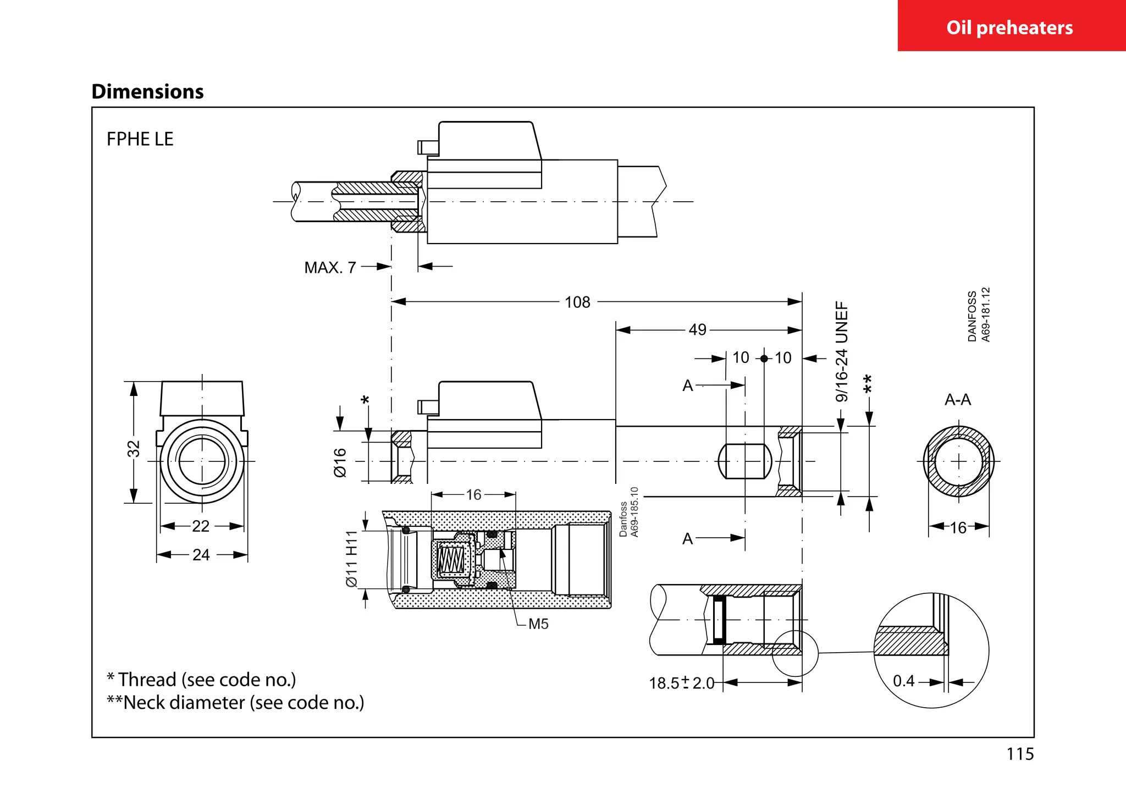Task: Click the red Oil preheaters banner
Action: (x=1011, y=26)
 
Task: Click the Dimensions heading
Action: (x=147, y=91)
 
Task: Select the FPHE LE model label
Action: (x=140, y=139)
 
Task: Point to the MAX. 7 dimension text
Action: (x=330, y=268)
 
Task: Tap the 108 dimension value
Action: (x=577, y=302)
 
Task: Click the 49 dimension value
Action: (x=697, y=329)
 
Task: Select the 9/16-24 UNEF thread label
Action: (x=842, y=352)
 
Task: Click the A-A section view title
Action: (x=957, y=400)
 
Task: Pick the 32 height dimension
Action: (x=134, y=449)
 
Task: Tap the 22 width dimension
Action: (x=201, y=526)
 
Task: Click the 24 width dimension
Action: (x=201, y=555)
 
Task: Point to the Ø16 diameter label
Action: (x=340, y=462)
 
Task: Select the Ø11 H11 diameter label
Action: (x=352, y=559)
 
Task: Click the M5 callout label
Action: (x=538, y=624)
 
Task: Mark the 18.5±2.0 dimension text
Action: (x=681, y=683)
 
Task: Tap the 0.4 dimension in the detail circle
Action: (x=903, y=681)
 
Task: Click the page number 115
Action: (x=1020, y=754)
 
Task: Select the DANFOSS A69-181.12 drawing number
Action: (x=979, y=315)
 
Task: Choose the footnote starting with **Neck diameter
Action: (x=235, y=703)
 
